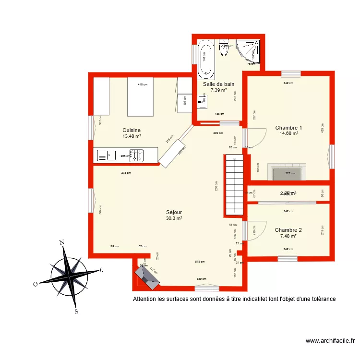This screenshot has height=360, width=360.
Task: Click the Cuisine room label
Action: coord(131,130)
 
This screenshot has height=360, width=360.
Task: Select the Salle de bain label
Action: coord(218,84)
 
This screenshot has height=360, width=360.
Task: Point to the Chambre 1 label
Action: coord(288,128)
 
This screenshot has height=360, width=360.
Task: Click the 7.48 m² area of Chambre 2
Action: coord(288,236)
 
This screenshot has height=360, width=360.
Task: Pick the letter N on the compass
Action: coord(61,242)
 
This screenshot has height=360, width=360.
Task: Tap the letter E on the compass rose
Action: coord(101,270)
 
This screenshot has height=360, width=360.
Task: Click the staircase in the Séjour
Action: coord(234,185)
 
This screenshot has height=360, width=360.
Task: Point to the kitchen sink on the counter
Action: coord(107,155)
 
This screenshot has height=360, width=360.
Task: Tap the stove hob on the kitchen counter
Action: coord(137,155)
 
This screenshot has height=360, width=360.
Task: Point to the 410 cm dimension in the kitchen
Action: coord(142,85)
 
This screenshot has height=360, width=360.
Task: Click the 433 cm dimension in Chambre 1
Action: coord(323,128)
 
